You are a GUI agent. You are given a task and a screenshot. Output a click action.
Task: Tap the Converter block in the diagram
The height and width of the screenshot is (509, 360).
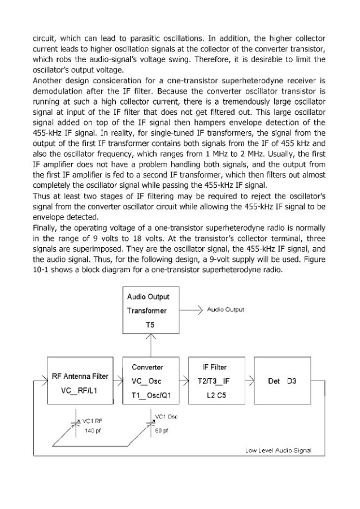click(149, 379)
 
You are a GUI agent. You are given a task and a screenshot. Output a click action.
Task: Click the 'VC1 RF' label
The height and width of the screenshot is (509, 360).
click(92, 421)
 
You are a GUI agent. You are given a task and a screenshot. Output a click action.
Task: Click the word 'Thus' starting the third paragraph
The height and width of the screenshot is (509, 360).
click(42, 195)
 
